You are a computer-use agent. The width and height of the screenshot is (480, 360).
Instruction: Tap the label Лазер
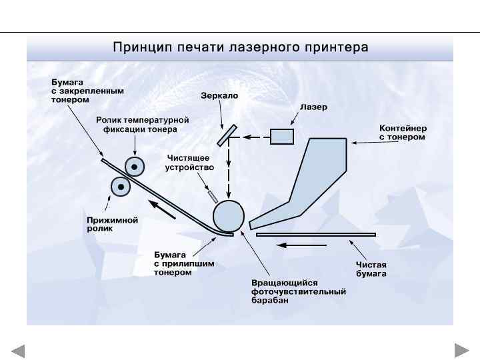(313, 107)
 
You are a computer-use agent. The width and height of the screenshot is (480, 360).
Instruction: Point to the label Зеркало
(219, 95)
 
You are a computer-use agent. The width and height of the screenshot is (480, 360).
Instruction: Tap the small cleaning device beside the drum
(212, 195)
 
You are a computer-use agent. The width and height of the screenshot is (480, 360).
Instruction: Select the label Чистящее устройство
(190, 163)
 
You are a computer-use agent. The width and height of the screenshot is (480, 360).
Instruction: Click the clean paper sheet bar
(316, 235)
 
